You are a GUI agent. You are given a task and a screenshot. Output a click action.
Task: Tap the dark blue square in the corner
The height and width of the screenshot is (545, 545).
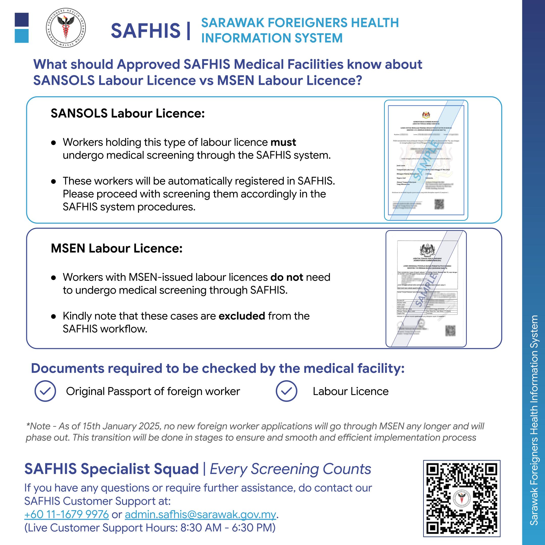coord(22,20)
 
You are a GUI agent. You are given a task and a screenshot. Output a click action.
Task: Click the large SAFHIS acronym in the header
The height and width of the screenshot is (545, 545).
coord(146,31)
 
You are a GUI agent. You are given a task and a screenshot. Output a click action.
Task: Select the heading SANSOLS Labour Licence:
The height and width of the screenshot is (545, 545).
coord(127,113)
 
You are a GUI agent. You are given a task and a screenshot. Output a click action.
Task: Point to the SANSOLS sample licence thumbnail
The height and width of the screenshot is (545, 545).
coord(426,160)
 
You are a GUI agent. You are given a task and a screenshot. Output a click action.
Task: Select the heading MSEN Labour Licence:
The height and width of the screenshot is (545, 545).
coord(117,249)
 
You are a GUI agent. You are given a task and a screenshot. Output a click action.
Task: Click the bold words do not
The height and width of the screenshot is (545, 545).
coord(287,277)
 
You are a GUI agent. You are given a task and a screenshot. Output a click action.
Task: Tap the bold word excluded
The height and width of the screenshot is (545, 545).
coord(242,316)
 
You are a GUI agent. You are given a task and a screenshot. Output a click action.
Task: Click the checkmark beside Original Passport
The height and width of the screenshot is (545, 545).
coord(45,391)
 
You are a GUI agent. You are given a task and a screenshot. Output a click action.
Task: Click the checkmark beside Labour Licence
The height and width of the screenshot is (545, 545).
coord(286,391)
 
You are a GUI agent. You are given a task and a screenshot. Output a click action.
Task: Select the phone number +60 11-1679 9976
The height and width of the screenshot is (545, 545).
coord(67,514)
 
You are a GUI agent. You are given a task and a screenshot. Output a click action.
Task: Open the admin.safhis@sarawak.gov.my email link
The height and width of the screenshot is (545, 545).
coord(200,514)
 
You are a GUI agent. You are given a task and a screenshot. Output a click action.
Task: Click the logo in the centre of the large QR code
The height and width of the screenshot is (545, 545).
coord(461,499)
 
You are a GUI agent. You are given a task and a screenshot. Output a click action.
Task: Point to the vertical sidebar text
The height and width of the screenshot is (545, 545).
coord(534,420)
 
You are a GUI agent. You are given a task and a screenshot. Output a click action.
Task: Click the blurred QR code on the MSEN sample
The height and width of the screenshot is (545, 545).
coord(450,331)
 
